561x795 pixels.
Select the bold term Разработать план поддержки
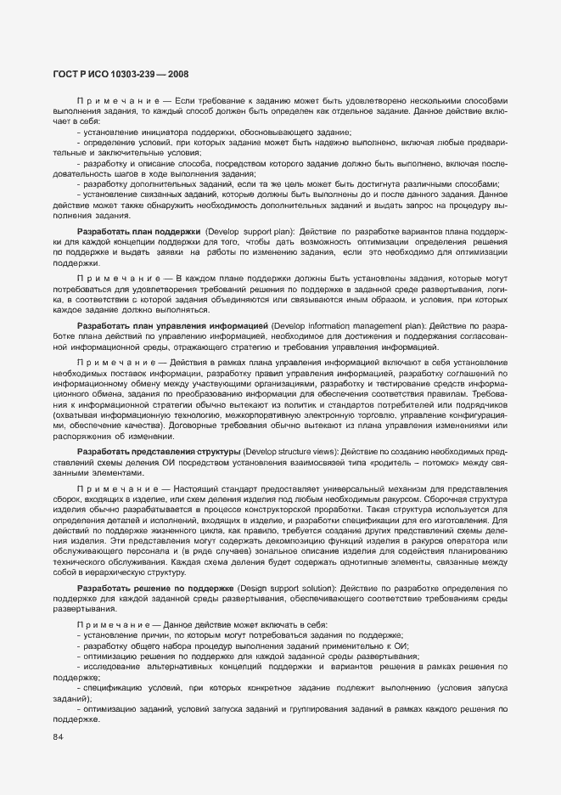coord(138,231)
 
